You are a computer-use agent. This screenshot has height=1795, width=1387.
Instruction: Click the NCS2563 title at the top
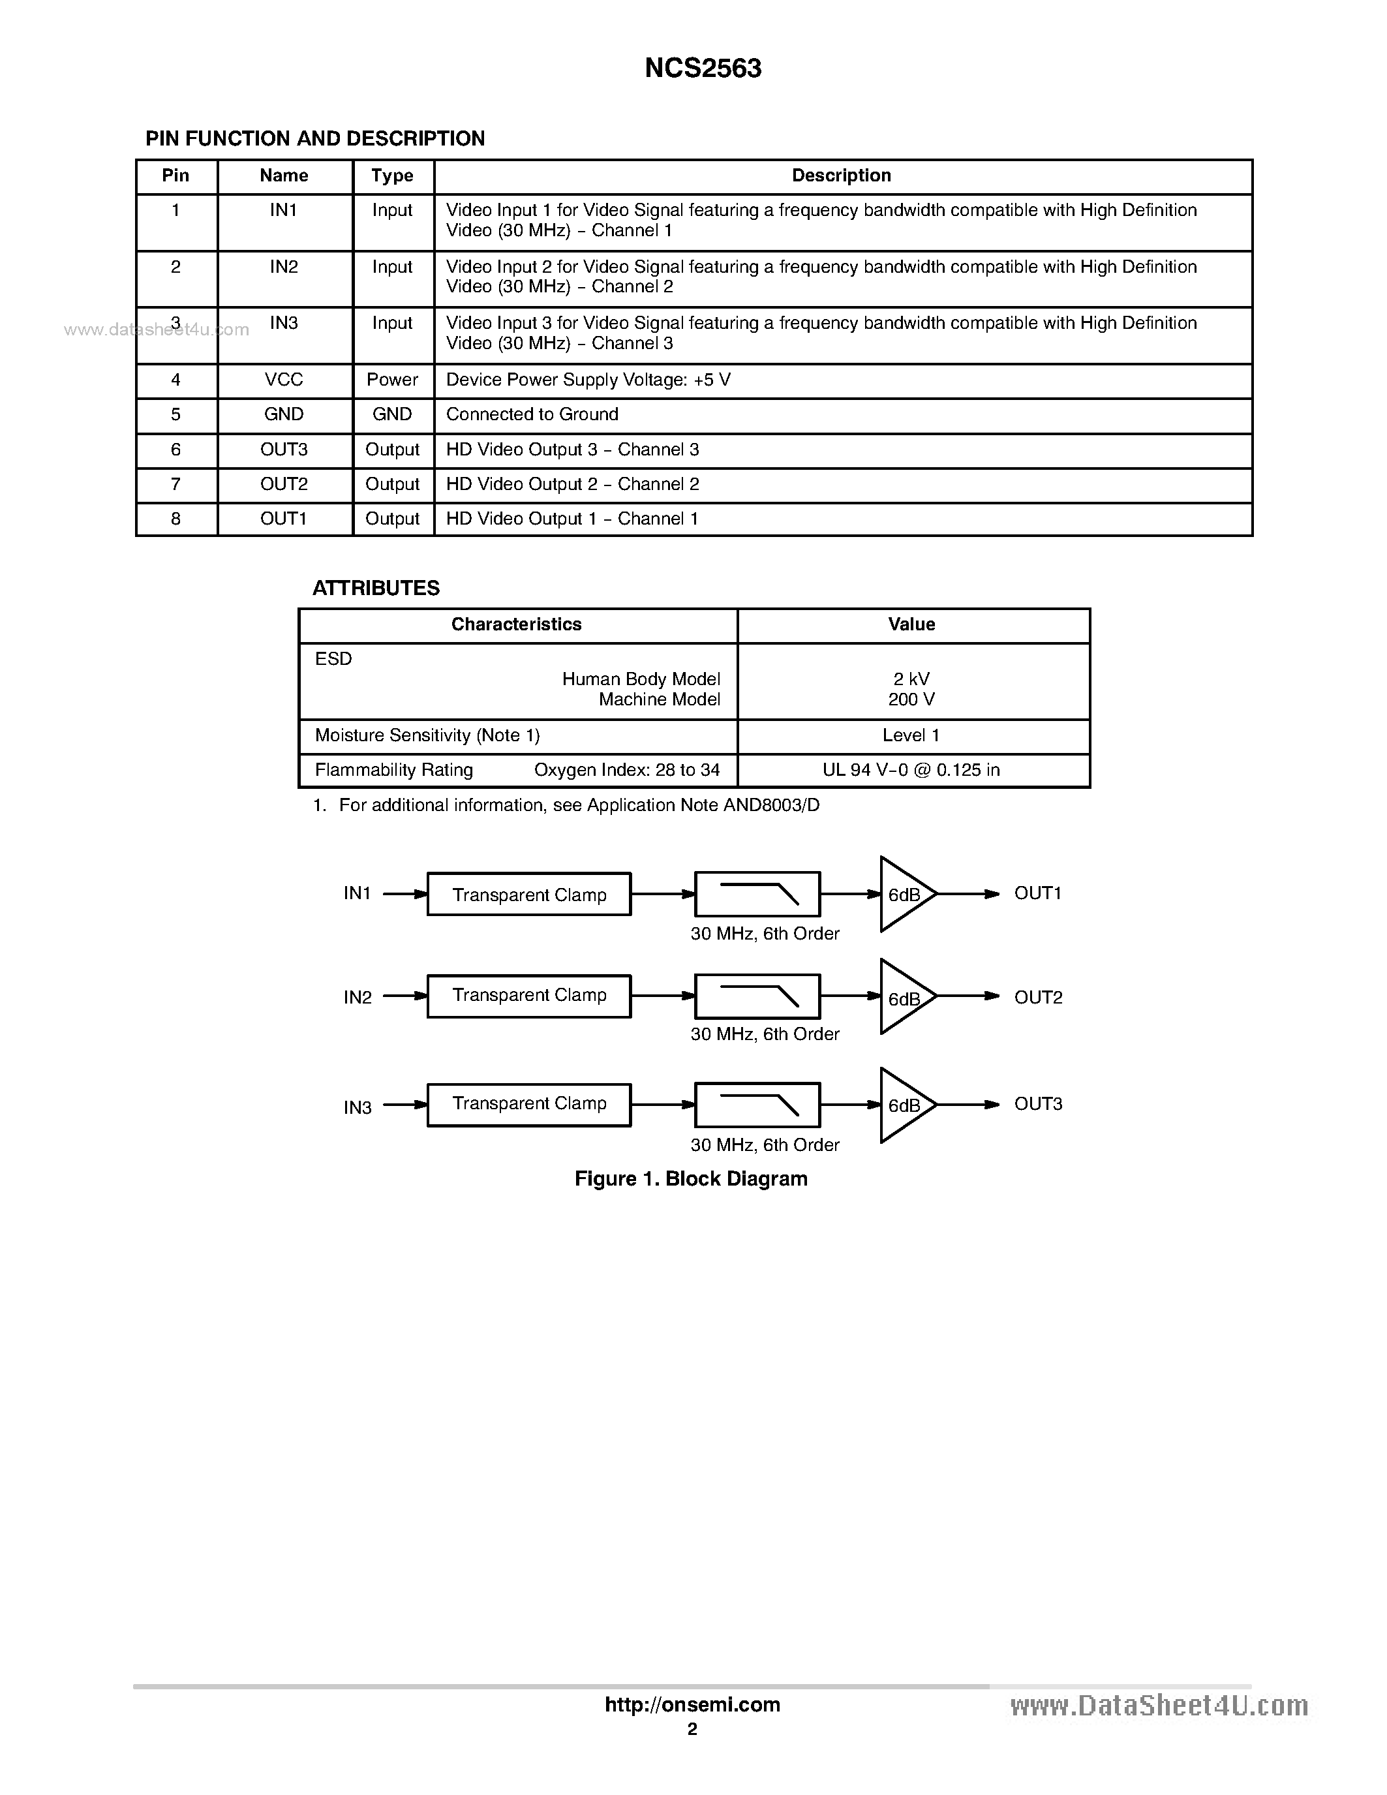703,69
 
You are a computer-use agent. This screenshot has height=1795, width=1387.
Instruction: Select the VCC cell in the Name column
284,380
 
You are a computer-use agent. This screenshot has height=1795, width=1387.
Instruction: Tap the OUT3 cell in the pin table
284,450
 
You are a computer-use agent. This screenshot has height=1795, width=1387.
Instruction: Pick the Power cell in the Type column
392,380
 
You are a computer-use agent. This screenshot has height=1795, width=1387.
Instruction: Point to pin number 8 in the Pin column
175,519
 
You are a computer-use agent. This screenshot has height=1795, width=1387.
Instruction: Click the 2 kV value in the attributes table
911,679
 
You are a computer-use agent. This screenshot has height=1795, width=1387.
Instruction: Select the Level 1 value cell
911,735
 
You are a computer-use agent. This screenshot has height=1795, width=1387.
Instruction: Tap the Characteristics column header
516,624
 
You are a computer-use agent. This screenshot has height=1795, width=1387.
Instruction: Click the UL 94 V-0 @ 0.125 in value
911,770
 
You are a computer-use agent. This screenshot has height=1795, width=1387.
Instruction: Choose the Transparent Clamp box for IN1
529,894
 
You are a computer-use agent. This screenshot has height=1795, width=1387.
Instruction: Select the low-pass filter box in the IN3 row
757,1105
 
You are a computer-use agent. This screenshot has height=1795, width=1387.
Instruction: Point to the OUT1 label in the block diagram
1038,893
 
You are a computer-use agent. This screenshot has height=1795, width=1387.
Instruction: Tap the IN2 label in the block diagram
358,998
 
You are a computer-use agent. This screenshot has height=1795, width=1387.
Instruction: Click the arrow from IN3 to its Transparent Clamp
405,1105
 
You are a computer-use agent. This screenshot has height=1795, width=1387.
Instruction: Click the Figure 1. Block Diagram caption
690,1178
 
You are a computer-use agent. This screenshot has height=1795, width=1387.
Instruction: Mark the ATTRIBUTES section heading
376,589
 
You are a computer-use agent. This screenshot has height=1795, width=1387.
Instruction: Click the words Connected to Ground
532,414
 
